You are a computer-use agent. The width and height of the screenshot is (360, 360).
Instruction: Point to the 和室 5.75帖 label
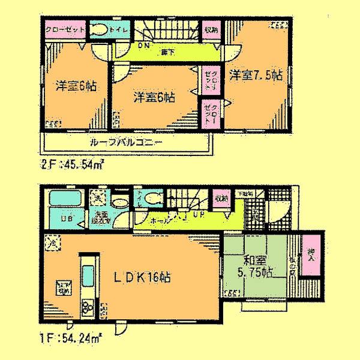(257, 268)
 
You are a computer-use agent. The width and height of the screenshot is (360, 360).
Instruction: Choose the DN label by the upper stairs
(143, 44)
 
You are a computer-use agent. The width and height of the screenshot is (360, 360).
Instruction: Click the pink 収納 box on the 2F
(209, 30)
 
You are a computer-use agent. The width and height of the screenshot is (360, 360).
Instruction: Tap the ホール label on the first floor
(163, 221)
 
